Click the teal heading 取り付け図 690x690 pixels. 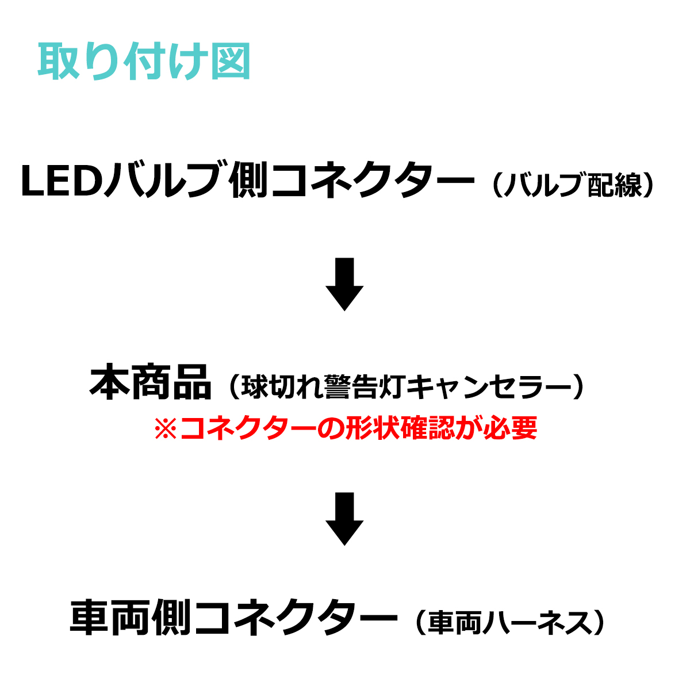[144, 62]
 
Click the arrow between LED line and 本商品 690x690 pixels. [344, 285]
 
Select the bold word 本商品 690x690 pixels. [150, 384]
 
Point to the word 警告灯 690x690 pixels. [365, 387]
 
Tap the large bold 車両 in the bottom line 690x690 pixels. [111, 618]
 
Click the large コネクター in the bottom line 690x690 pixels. [296, 618]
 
